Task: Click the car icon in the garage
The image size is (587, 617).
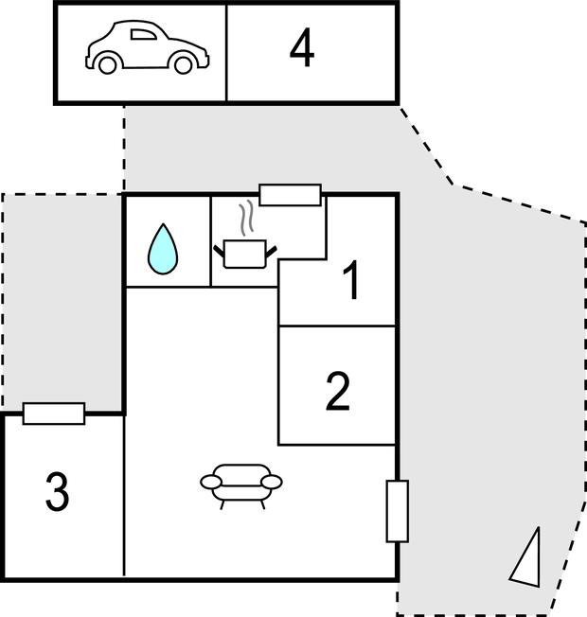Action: click(x=148, y=47)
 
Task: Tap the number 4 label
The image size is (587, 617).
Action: click(x=302, y=48)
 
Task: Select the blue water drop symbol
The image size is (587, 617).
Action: click(x=163, y=249)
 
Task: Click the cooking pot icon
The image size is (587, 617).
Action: click(x=245, y=254)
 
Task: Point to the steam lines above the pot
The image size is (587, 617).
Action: click(x=246, y=218)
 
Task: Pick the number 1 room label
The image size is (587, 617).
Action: click(x=351, y=280)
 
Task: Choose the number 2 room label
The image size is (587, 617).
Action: click(x=338, y=391)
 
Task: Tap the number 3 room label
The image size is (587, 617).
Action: click(x=58, y=491)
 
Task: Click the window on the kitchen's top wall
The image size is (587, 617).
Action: click(x=290, y=195)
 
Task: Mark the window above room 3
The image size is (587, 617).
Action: click(x=54, y=414)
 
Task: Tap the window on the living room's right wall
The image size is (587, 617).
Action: click(x=398, y=511)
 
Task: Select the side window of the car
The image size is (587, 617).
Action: click(x=143, y=35)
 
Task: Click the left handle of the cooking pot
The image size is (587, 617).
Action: click(x=219, y=251)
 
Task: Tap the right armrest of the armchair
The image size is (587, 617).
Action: click(x=272, y=482)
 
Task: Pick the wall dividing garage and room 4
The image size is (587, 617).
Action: click(x=227, y=53)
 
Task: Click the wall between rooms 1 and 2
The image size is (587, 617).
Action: click(x=337, y=326)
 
